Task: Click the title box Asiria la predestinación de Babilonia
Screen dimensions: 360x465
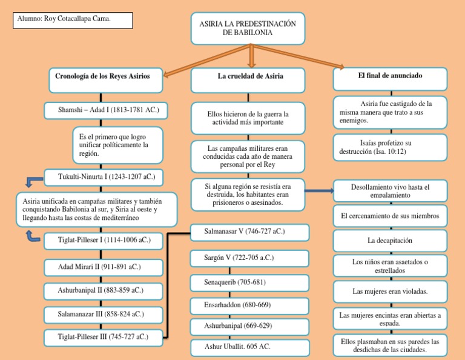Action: point(248,28)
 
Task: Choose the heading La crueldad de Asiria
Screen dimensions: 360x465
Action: point(250,78)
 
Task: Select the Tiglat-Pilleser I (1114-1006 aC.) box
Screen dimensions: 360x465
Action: point(104,241)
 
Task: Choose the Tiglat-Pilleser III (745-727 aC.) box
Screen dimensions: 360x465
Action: point(104,336)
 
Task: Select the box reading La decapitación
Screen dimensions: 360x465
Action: point(390,241)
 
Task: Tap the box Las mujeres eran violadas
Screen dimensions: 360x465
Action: point(390,292)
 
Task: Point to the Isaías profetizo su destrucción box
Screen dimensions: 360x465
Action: point(390,147)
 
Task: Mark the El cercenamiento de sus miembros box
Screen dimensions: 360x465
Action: point(390,216)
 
